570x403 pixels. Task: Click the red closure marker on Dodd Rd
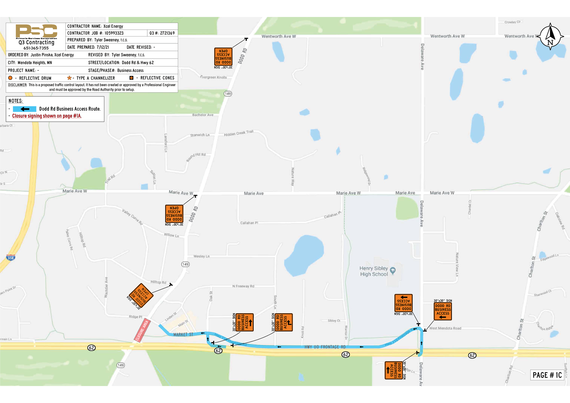click(142, 329)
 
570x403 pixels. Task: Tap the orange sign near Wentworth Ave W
click(223, 59)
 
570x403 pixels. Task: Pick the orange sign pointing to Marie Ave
click(176, 215)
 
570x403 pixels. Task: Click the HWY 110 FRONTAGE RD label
click(323, 346)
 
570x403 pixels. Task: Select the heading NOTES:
click(16, 100)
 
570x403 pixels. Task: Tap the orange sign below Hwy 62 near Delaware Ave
click(395, 372)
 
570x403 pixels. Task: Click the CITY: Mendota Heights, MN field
click(35, 62)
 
